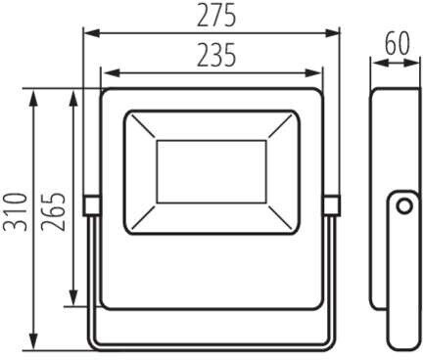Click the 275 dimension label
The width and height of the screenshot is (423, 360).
pos(216,16)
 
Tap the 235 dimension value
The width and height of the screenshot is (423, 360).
pos(216,55)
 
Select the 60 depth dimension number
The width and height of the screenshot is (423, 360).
pos(398,44)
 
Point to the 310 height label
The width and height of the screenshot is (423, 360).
pos(14,212)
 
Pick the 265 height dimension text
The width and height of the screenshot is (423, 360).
pos(53,212)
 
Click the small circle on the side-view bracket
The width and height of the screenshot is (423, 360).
pos(404,206)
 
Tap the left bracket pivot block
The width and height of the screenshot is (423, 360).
pos(91,205)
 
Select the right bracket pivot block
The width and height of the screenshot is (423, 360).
pos(332,205)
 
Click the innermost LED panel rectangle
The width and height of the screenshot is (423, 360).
pos(211,172)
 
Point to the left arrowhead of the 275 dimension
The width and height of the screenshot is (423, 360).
pos(92,33)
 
